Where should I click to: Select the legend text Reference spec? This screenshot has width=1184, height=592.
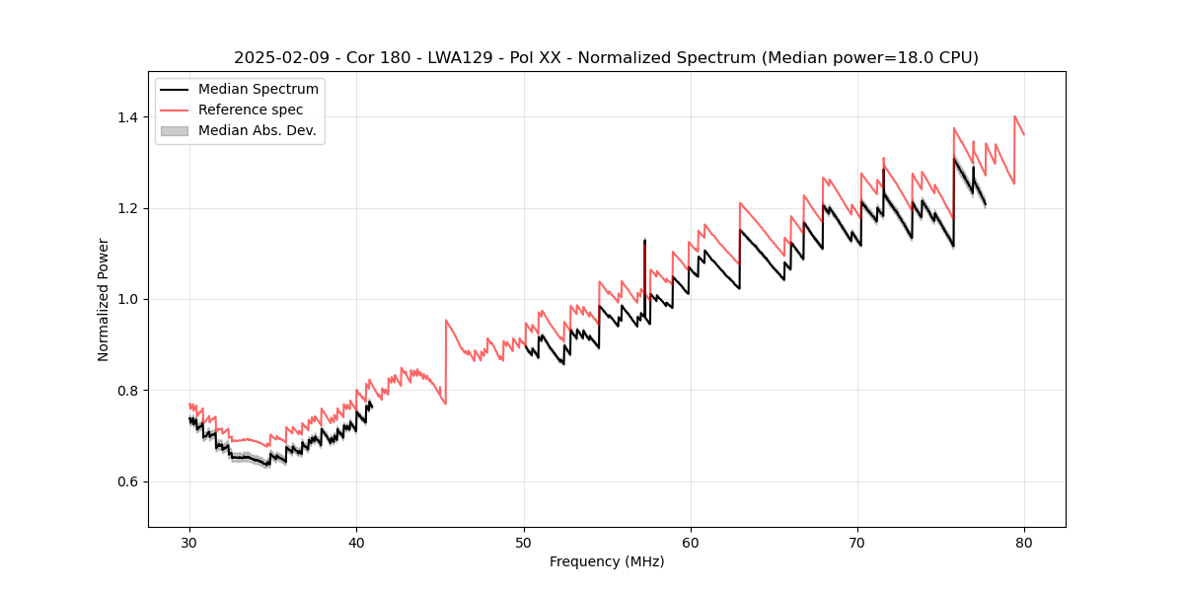click(251, 110)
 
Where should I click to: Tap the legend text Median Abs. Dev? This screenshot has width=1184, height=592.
click(257, 130)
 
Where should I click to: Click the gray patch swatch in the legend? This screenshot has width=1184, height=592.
click(175, 130)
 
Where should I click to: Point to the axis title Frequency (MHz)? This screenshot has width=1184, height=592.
click(607, 561)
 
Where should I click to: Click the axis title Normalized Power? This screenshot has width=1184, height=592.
click(104, 299)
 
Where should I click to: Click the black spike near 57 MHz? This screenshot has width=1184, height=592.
click(644, 266)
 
